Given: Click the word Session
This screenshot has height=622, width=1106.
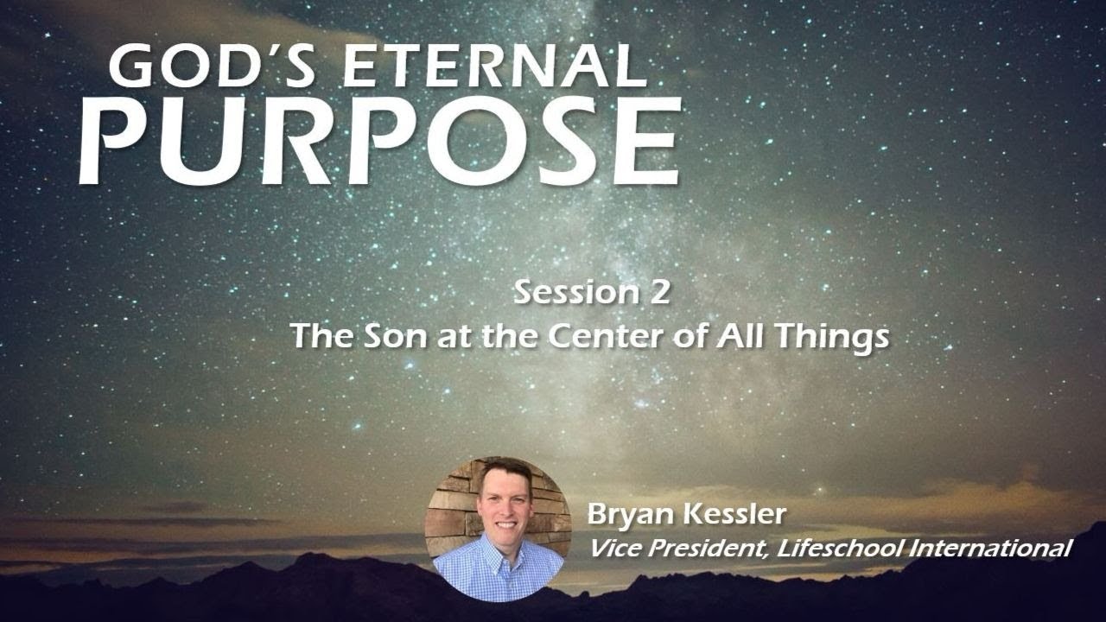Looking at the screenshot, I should pyautogui.click(x=566, y=292).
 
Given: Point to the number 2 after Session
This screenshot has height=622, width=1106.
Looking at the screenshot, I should pyautogui.click(x=656, y=292).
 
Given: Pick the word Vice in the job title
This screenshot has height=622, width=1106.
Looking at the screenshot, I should pyautogui.click(x=612, y=548).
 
